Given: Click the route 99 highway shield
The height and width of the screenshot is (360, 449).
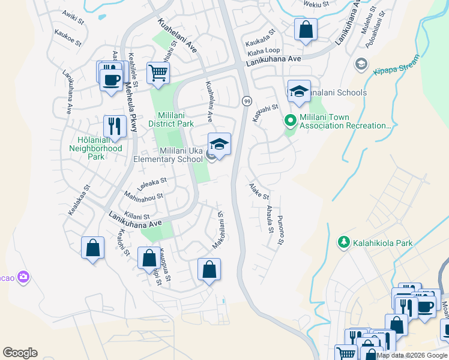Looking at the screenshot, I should [x=246, y=101].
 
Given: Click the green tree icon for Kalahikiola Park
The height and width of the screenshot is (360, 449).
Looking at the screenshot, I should [x=344, y=242].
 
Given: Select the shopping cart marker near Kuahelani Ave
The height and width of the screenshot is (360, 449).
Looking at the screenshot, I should [x=158, y=73].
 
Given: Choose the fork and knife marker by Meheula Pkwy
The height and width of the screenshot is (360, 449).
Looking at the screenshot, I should [x=114, y=126].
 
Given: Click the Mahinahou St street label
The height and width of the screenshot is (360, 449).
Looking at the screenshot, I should [x=143, y=196].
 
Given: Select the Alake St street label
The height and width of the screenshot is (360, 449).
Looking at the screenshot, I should [x=259, y=192].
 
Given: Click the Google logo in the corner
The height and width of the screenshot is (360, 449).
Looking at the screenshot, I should [x=20, y=353].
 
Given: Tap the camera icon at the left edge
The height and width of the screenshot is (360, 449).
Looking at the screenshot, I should [x=23, y=277].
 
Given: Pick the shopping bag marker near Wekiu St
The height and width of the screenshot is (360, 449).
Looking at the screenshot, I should [x=305, y=28].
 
